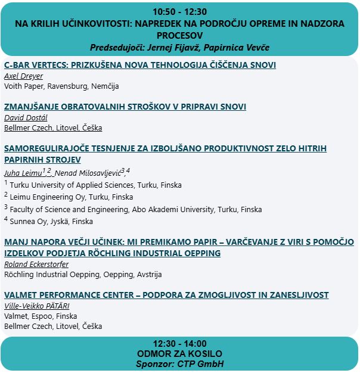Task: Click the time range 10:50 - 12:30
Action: click(179, 11)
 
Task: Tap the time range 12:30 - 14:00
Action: click(179, 343)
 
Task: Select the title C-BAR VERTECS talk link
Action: click(140, 65)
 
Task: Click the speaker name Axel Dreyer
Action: click(24, 76)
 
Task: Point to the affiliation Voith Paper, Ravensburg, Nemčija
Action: click(61, 86)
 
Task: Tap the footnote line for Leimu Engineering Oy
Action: click(72, 197)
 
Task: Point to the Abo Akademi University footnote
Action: click(135, 209)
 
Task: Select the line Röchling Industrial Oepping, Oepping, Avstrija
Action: click(83, 275)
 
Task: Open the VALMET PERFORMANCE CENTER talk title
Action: click(166, 295)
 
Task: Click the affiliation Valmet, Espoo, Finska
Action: click(41, 316)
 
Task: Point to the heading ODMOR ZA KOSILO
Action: click(179, 353)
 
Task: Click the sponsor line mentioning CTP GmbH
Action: click(179, 363)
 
